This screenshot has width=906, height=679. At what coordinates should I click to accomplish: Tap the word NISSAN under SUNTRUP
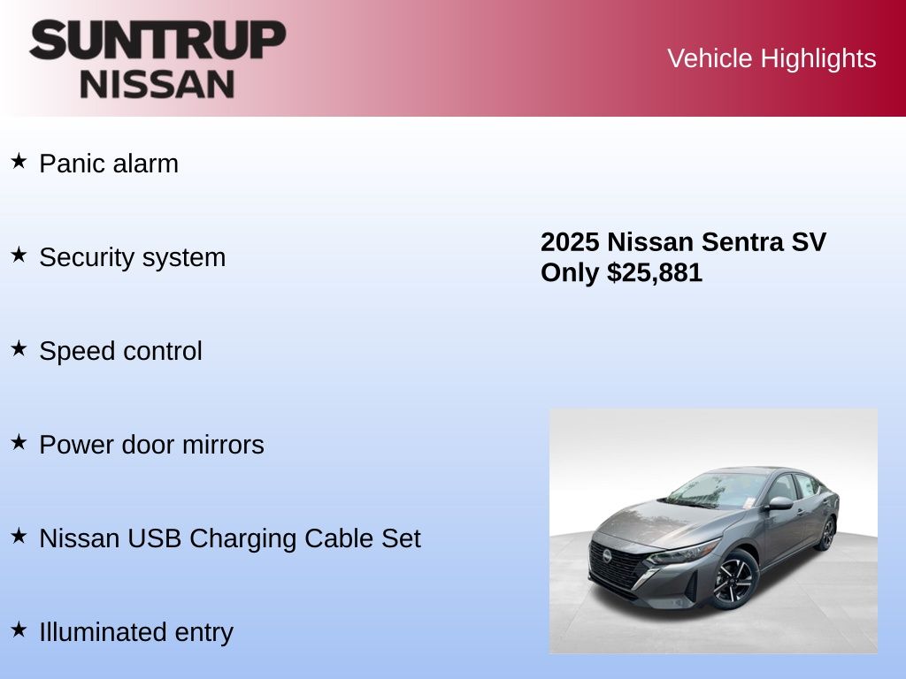coord(157,84)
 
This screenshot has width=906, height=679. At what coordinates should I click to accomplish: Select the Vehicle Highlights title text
coord(772,58)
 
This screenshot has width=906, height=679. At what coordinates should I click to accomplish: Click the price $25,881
coord(655,272)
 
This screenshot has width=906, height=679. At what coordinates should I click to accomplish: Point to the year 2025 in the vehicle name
coord(570,242)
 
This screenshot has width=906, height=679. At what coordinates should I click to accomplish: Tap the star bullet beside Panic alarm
coord(19,161)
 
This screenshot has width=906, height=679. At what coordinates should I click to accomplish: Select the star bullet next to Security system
coord(19,255)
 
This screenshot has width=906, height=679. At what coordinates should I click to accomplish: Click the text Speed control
coord(120,351)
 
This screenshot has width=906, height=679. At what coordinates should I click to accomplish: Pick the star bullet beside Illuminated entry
coord(19,629)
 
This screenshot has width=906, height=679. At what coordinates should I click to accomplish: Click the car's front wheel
coord(733,580)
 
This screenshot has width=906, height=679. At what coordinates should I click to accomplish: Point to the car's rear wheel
coord(827,533)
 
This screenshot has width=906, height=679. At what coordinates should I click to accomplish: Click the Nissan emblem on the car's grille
coord(607,555)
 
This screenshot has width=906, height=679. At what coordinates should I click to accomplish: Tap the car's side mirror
coord(780,503)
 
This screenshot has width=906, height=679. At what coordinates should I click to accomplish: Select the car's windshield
coord(717,490)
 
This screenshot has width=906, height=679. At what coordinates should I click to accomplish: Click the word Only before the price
coord(570,273)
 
